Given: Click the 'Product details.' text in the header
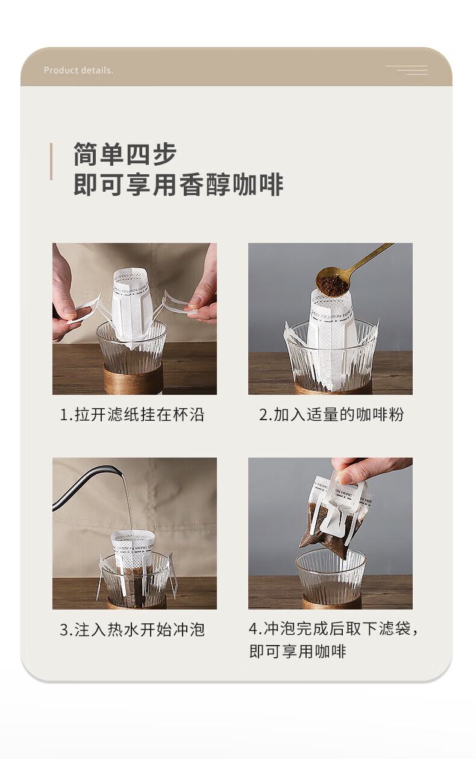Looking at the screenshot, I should pos(78,71).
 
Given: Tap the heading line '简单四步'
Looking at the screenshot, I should pos(125,154).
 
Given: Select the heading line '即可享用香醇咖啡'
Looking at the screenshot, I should pos(178,185).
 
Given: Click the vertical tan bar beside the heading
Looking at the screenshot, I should pos(51,162).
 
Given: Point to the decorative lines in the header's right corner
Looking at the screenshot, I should pos(407,70).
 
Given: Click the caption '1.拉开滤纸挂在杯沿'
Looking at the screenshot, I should pos(132,415).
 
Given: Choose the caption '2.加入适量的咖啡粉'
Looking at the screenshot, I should pos(331,415).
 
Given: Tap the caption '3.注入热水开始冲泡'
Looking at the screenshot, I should pos(132,630).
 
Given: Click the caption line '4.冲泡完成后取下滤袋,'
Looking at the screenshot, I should pos(333,628).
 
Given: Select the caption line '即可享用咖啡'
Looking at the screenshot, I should pos(298,652).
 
